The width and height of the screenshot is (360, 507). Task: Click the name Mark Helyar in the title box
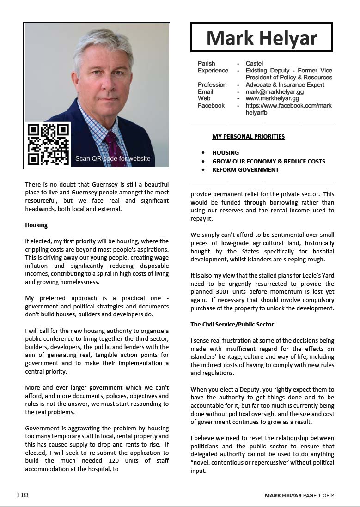(x=262, y=37)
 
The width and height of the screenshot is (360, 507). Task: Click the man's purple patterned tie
(x=113, y=148)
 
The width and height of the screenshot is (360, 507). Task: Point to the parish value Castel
(x=254, y=63)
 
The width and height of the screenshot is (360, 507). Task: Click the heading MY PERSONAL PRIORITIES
(x=248, y=137)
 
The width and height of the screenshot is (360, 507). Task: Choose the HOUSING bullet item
(x=226, y=153)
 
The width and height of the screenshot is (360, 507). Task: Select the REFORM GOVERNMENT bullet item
(x=245, y=170)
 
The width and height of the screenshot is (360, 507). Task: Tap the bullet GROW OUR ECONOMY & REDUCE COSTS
(x=268, y=161)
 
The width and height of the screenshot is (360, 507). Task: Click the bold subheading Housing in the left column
(x=37, y=225)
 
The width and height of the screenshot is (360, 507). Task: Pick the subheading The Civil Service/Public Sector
(x=232, y=325)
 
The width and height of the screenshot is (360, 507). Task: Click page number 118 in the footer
(x=22, y=495)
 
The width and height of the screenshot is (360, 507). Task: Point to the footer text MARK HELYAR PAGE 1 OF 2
(x=299, y=495)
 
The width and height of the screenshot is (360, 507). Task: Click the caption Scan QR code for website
(x=113, y=159)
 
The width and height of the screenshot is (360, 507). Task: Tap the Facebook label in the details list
(x=211, y=106)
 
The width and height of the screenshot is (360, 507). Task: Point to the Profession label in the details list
(x=212, y=85)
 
